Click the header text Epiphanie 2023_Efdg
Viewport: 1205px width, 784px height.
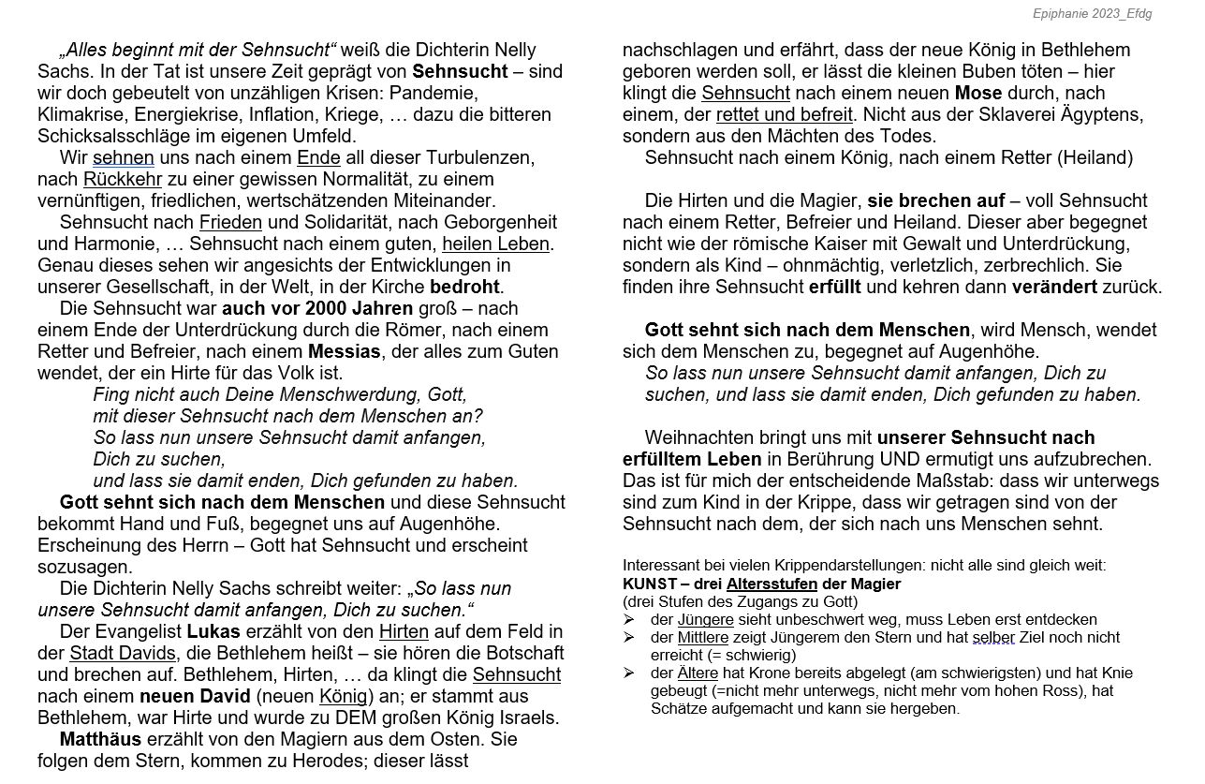coord(1093,13)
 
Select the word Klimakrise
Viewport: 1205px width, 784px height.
coord(81,114)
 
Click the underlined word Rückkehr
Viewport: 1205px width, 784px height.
coord(122,179)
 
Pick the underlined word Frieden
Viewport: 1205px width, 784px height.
coord(230,222)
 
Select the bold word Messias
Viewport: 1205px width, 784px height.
coord(345,351)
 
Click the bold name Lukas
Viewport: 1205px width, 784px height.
coord(213,631)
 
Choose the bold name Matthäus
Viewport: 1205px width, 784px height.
coord(101,739)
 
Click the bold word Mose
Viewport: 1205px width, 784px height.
coord(977,93)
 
